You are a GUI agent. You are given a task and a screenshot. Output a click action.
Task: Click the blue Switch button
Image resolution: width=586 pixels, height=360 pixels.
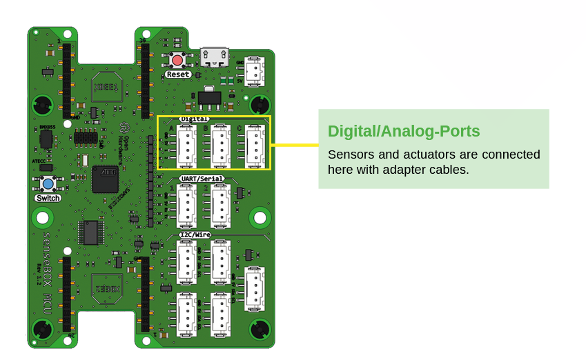click(48, 184)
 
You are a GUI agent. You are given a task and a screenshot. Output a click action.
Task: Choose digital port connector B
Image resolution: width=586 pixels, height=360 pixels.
click(220, 146)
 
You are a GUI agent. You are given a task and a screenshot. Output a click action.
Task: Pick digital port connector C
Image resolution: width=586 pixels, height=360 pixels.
click(255, 146)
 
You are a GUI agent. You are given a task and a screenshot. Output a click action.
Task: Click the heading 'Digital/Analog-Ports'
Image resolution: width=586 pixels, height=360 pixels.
click(404, 131)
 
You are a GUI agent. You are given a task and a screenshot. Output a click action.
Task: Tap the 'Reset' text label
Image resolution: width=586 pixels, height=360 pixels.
click(178, 74)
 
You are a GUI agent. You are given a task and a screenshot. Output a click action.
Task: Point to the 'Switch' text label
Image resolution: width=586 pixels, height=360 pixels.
click(48, 199)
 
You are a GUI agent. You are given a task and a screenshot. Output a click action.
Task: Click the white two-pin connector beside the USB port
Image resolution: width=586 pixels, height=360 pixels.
click(255, 72)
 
